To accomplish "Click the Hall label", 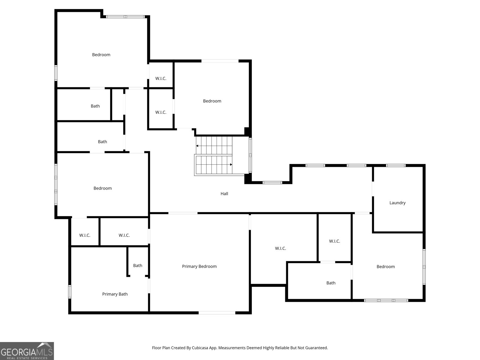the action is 224,193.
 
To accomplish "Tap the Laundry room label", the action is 397,203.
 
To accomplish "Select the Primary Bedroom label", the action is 199,266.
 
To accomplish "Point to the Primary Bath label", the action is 115,294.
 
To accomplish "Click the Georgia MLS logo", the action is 27,351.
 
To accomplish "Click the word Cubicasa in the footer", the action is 200,347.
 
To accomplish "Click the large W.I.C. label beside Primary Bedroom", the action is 280,248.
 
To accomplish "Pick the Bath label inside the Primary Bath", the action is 137,265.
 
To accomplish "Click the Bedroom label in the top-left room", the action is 101,55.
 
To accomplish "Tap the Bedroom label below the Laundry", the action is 385,266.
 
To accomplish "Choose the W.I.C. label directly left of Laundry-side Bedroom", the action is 334,241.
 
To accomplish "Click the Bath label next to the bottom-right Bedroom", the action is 331,283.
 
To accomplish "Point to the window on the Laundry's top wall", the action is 396,166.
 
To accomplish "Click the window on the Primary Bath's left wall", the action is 70,292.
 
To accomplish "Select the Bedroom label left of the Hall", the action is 103,188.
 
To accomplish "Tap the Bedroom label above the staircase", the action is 212,101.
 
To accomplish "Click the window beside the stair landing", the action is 250,155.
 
